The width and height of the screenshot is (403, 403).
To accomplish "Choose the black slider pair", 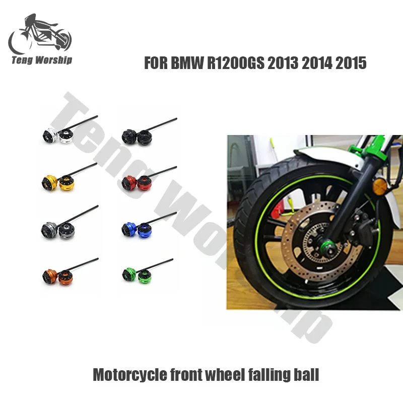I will [x=137, y=135].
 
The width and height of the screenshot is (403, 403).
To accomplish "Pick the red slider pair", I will [x=137, y=181].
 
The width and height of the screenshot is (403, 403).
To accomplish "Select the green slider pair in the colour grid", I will [x=137, y=275].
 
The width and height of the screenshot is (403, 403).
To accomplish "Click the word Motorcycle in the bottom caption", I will [x=123, y=375].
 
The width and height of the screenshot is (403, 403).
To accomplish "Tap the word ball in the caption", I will [x=306, y=375].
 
